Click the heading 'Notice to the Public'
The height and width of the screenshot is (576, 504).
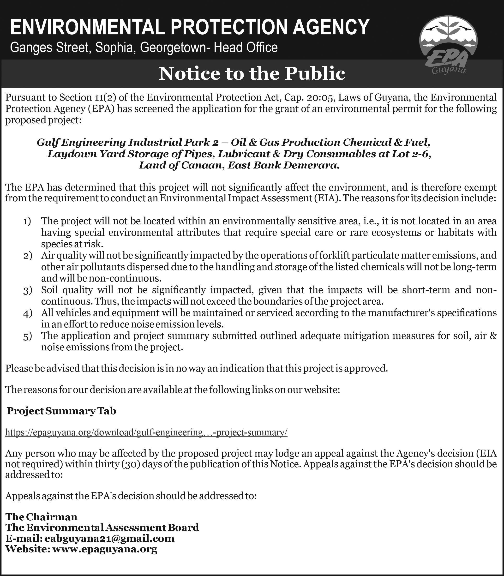pos(252,74)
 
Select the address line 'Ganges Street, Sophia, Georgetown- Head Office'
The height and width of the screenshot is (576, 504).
pos(144,48)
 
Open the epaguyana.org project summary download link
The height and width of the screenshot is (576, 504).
pos(146,432)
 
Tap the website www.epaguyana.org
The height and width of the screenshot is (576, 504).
pos(105,549)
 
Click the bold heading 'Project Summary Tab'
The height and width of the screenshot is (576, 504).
pos(61,411)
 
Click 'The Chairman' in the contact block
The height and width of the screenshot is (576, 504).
pos(41,517)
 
